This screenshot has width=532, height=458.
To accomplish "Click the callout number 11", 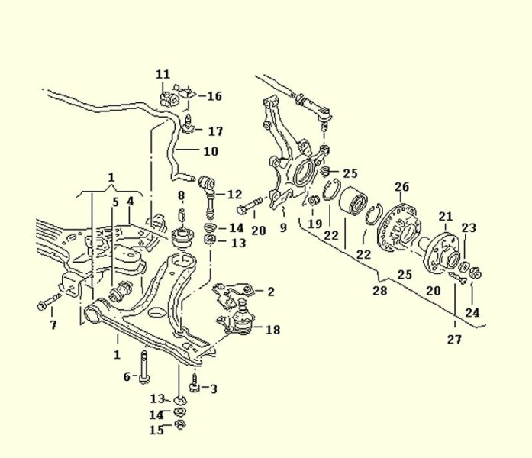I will pos(163,74).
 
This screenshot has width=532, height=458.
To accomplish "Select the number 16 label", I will pos(214,96).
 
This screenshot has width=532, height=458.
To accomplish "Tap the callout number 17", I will pos(215,131).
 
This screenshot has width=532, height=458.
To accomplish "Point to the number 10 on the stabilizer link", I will pos(210,151).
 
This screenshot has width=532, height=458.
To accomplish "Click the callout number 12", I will pos(234,194).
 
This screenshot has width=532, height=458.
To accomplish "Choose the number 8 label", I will pos(182,195).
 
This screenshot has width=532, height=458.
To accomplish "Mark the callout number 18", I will pos(272,330).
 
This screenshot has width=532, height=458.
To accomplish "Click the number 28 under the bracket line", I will pos(379,291).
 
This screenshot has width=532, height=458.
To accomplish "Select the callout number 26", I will pos(401,186).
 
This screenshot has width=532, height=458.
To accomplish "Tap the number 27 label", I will pos(454,340).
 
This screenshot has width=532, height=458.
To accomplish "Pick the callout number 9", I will pos(282,227).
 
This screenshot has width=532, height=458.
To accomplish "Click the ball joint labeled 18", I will pos(241,320).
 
